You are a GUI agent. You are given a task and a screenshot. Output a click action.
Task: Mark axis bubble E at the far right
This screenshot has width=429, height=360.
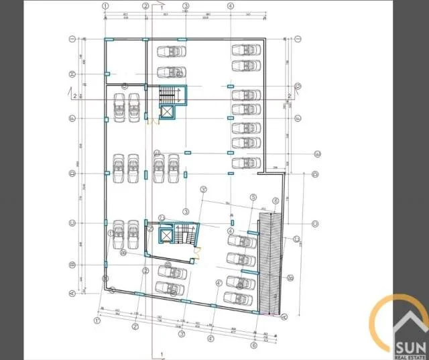click(x=317, y=154)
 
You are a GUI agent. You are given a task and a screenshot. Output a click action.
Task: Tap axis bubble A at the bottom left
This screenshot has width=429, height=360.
click(x=71, y=293)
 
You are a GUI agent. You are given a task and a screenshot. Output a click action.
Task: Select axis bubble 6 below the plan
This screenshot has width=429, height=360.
click(x=254, y=346)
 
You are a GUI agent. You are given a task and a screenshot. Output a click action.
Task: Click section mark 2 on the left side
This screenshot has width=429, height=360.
click(x=74, y=95)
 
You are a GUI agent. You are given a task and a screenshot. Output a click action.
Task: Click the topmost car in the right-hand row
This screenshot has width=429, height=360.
click(x=245, y=50)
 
